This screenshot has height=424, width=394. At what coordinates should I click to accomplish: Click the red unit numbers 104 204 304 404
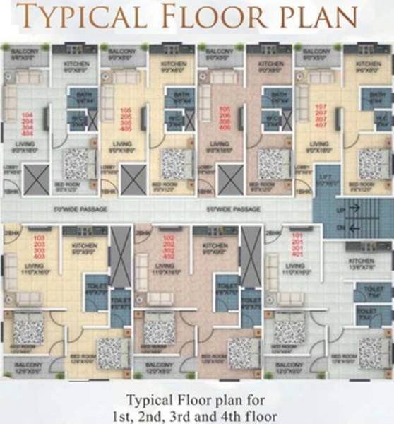point(28,123)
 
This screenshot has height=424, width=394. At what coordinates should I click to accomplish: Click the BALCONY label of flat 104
point(25,53)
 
